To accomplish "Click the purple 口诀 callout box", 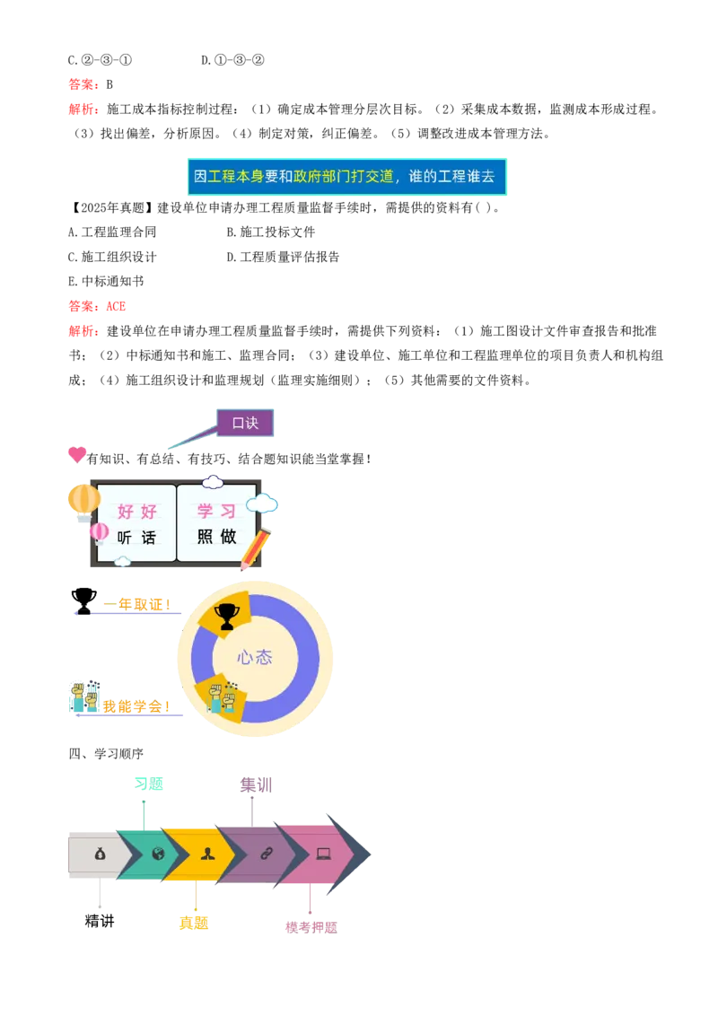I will tap(246, 423).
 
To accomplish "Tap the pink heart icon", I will tap(78, 454).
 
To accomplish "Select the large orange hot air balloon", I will tap(83, 500).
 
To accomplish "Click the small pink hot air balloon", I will tap(99, 532).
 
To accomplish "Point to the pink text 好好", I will tap(136, 512).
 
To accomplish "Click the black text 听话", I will tap(136, 538).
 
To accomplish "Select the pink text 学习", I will tap(216, 512).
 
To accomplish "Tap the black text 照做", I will tap(216, 538).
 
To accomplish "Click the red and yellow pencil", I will tap(254, 549).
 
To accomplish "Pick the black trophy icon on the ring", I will tap(227, 615).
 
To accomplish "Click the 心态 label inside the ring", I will tap(254, 657).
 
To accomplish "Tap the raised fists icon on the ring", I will tap(220, 696).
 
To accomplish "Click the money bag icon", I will tap(99, 854).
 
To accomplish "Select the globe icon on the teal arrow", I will tap(158, 854).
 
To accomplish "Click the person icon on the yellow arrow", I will tap(208, 854).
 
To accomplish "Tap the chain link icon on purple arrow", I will tap(266, 854).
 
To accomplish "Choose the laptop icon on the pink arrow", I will tap(323, 854).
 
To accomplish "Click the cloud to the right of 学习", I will tap(262, 504).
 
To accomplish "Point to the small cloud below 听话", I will tap(123, 562).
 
